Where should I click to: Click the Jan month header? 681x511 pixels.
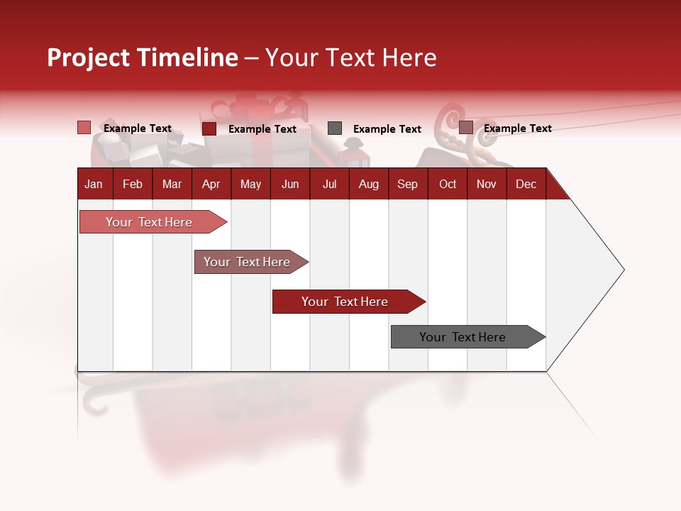coord(94,184)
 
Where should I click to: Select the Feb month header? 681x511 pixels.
coord(133,184)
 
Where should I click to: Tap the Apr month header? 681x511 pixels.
coord(211,184)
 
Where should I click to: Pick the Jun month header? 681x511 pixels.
coord(290,184)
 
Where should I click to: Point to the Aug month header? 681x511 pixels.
coord(368,184)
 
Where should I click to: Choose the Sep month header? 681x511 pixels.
coord(407,184)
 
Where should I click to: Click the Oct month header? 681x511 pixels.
coord(448,184)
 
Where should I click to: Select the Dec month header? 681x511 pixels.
coord(526,184)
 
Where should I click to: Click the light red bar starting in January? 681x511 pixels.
coord(149,222)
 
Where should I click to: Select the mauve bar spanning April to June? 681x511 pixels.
coord(247,262)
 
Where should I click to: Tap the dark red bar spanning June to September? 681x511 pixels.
coord(345,302)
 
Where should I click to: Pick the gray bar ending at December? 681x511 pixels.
coord(463,337)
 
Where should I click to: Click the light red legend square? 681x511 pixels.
coord(84,128)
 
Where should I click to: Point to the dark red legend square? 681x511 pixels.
coord(209,128)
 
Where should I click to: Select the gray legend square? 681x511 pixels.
coord(335,128)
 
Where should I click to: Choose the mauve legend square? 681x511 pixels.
coord(465,128)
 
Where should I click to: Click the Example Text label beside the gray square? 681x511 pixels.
coord(387,129)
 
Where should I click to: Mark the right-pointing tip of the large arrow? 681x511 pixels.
coord(623,270)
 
